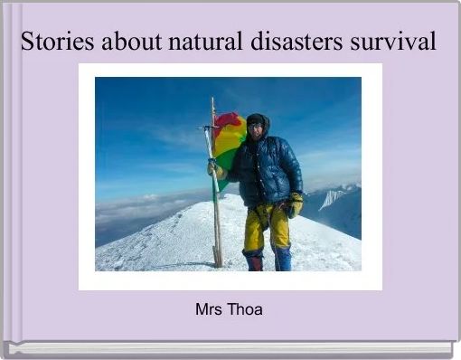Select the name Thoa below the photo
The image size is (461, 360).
[x=244, y=309]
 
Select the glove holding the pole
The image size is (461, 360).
[x=214, y=168]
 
